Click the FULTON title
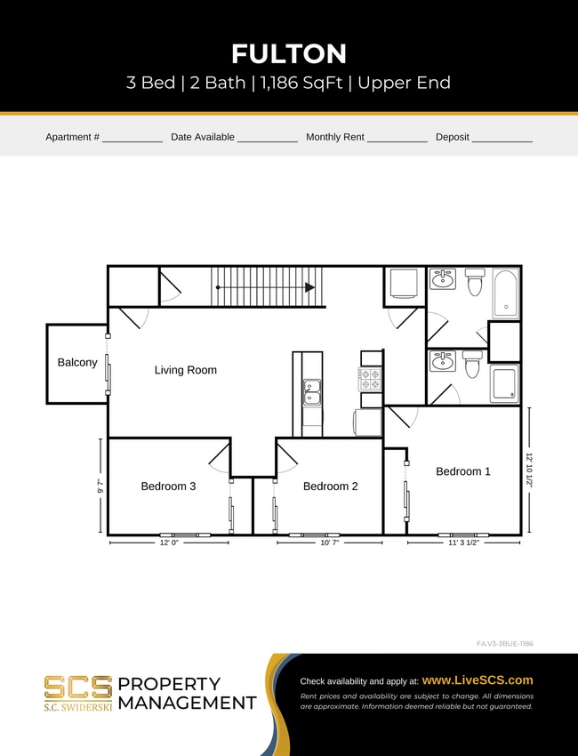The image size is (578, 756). point(289,54)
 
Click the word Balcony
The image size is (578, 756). point(77,363)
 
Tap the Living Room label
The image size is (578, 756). point(185,370)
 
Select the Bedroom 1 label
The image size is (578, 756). point(462,471)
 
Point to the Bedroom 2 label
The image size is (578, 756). point(330,487)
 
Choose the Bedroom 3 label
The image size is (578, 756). point(168,487)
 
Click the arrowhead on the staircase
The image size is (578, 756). point(309,287)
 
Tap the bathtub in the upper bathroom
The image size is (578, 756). point(505,294)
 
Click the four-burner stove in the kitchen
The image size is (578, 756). point(370,380)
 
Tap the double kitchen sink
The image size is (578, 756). point(311,392)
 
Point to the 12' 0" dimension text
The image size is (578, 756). point(169,542)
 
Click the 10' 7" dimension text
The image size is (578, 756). point(329,542)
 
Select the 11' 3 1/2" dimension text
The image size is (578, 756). point(462,542)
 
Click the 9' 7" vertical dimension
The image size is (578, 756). point(100,487)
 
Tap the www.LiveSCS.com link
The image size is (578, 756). point(478,680)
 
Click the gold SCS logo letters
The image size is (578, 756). point(78,687)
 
